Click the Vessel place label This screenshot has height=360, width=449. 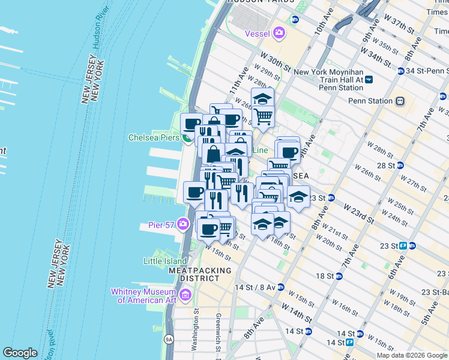258,34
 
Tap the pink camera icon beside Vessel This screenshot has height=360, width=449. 279,32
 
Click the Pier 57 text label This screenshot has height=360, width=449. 160,226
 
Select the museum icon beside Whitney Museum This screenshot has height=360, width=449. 185,295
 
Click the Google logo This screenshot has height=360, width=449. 20,353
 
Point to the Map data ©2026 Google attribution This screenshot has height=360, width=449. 411,355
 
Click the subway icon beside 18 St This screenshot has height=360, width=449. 339,276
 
